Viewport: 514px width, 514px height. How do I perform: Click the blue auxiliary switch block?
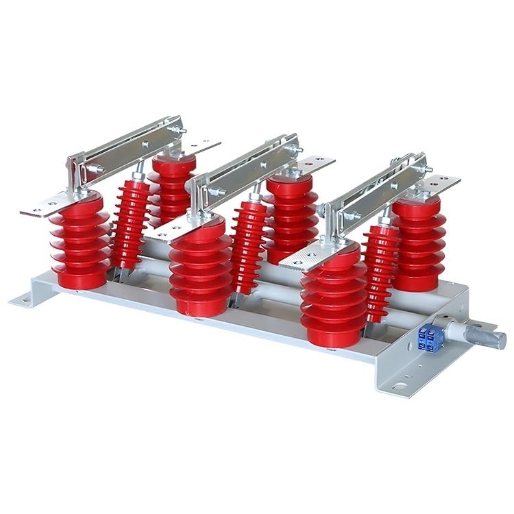430,338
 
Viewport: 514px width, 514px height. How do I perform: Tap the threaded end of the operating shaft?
489,337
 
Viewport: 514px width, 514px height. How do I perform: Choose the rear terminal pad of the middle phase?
315,163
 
